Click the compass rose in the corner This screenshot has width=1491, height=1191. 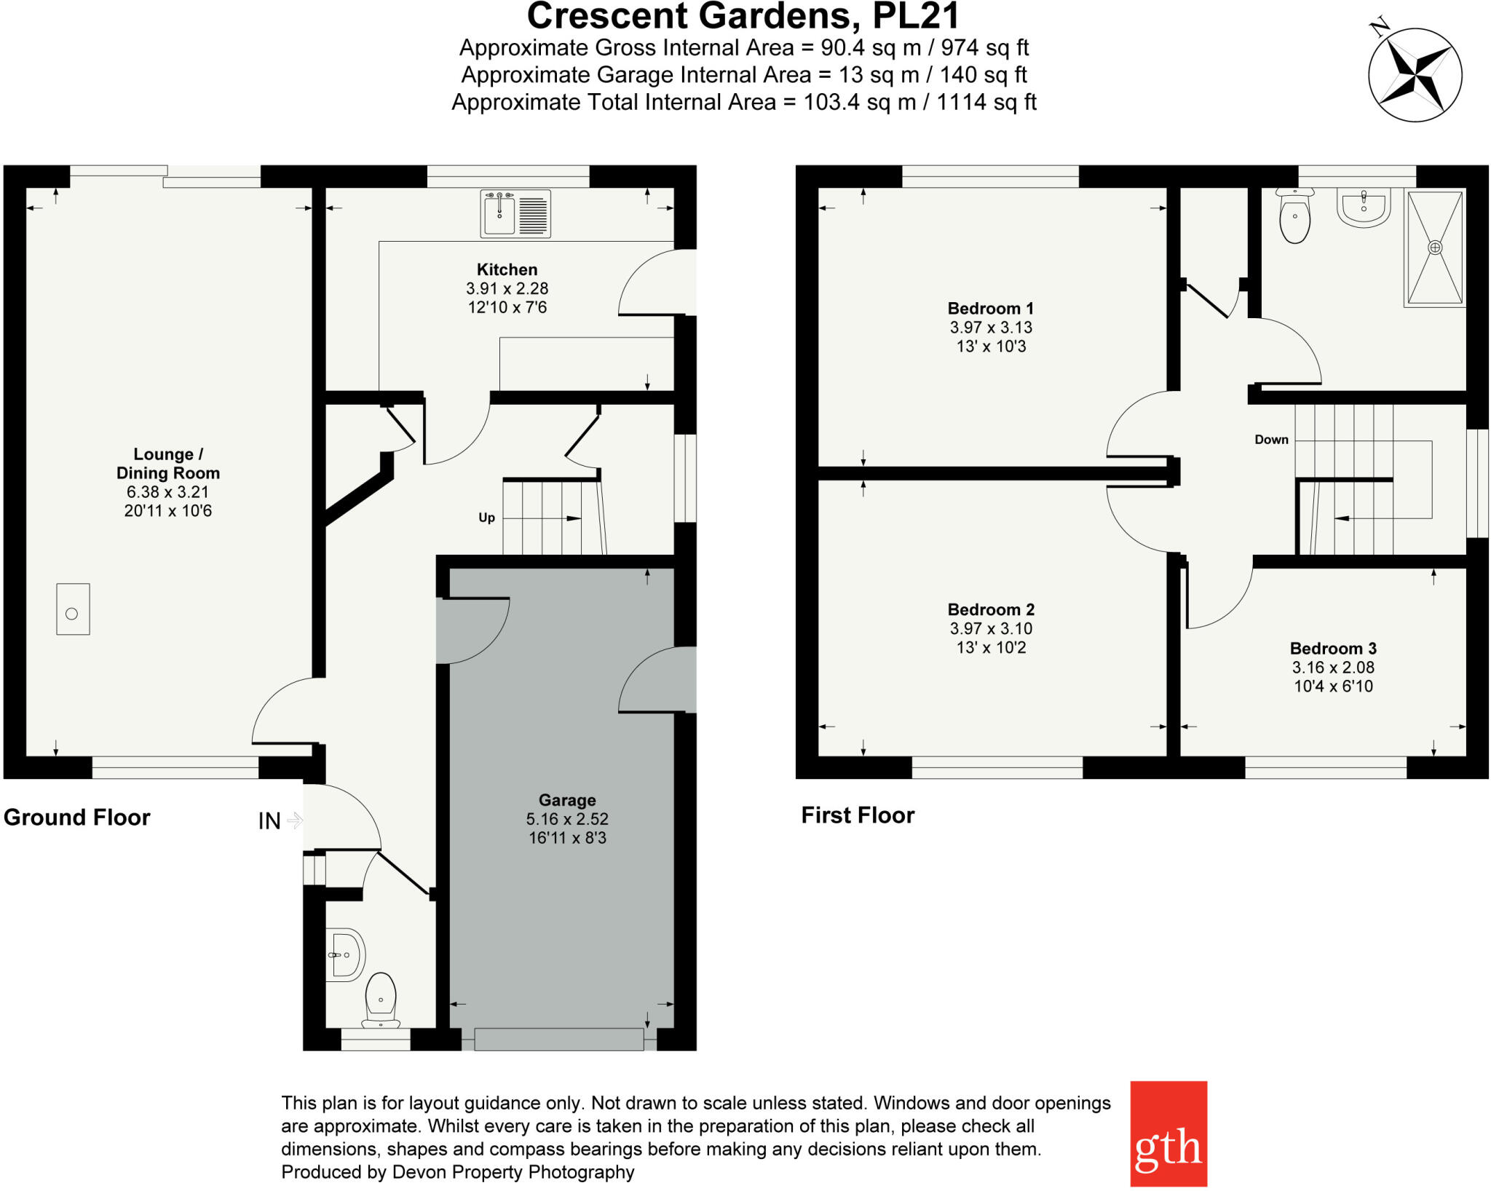click(x=1415, y=75)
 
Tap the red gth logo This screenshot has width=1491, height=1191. click(x=1168, y=1133)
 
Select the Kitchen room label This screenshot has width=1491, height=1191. click(x=507, y=270)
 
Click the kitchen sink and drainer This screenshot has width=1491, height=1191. click(x=515, y=214)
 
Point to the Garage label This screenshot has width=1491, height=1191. click(x=567, y=801)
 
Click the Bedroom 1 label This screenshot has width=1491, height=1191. click(x=990, y=309)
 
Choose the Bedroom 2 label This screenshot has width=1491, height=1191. click(x=990, y=610)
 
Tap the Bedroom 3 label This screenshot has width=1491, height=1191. click(x=1332, y=649)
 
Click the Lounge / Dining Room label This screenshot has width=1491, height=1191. click(x=168, y=464)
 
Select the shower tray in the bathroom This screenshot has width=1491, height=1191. click(x=1434, y=248)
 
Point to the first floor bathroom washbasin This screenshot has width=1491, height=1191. click(x=1364, y=207)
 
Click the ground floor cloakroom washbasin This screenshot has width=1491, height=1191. click(x=345, y=954)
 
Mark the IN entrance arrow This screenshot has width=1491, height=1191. click(x=294, y=820)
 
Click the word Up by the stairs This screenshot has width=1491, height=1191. click(x=486, y=518)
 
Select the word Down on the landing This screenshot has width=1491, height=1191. click(x=1271, y=440)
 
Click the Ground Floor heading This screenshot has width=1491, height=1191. click(x=77, y=818)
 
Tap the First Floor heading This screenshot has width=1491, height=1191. click(x=858, y=815)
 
